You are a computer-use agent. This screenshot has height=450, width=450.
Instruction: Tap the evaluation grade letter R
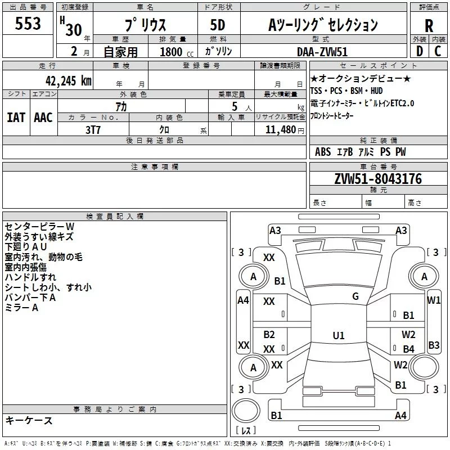point(429,26)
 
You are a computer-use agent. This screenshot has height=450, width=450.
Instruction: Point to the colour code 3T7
point(93,129)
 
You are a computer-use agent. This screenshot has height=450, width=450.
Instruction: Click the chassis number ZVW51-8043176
point(377,179)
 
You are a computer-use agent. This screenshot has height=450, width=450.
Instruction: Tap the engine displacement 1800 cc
point(172,52)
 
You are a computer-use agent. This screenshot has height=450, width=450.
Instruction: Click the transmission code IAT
point(16,118)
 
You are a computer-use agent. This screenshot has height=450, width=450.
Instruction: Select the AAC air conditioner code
point(43,118)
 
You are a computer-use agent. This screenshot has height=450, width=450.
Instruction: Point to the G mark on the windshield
point(355,296)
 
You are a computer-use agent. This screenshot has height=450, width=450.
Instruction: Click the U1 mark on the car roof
point(338,335)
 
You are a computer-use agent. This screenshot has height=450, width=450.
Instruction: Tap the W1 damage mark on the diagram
point(434,300)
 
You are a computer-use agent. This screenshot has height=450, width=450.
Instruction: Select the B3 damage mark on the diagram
point(434,345)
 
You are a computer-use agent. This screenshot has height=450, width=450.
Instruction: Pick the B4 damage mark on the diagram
point(408,349)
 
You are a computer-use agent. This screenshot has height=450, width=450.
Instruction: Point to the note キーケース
point(29,420)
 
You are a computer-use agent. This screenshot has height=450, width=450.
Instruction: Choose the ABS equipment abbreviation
point(323,152)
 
